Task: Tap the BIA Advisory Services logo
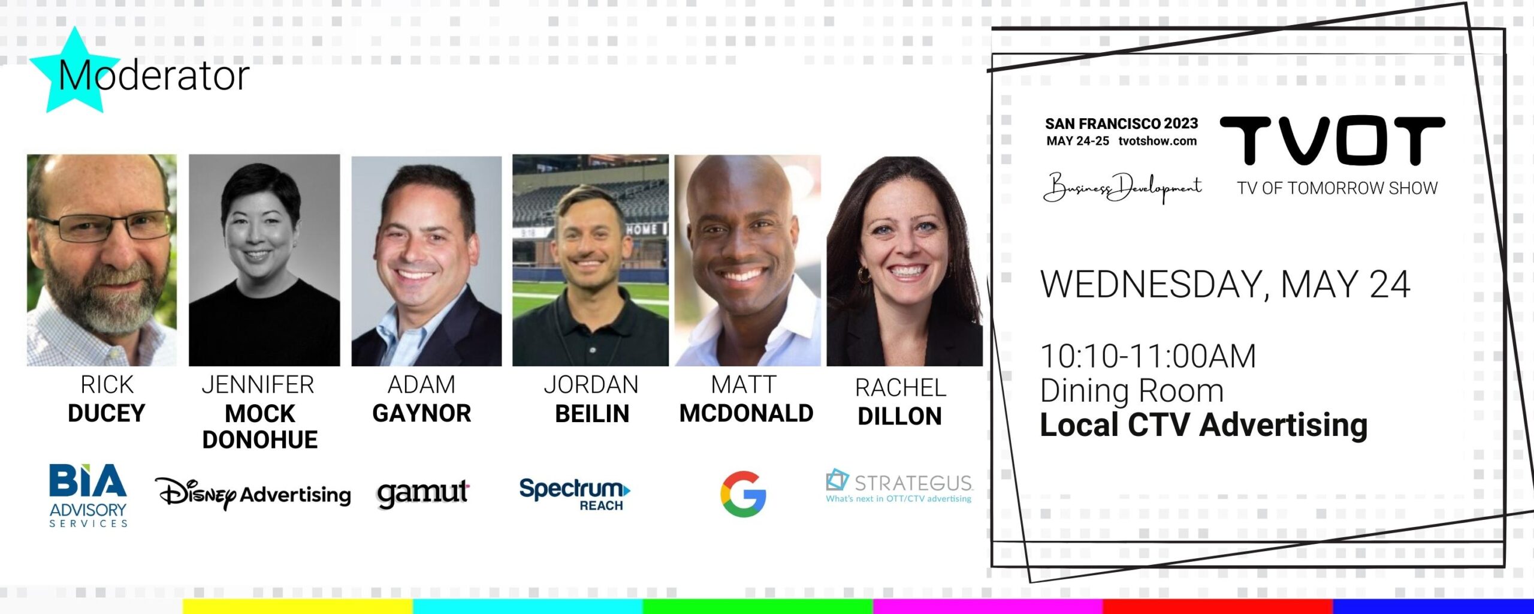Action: (88, 495)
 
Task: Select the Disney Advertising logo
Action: (253, 493)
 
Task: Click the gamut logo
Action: (423, 493)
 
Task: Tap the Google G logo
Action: (743, 494)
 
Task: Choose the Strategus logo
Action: (899, 486)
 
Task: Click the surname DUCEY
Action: (107, 413)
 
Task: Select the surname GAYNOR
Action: (422, 413)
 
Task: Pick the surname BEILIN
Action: (592, 414)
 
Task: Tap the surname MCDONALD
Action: (746, 413)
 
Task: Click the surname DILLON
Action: (899, 416)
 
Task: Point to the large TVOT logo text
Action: (1333, 141)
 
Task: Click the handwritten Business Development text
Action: (1122, 188)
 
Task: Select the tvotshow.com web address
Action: (1158, 142)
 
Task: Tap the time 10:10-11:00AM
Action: (1148, 356)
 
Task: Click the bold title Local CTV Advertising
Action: (1204, 425)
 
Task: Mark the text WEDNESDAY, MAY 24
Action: (1225, 284)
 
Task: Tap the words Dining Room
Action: (1132, 390)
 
